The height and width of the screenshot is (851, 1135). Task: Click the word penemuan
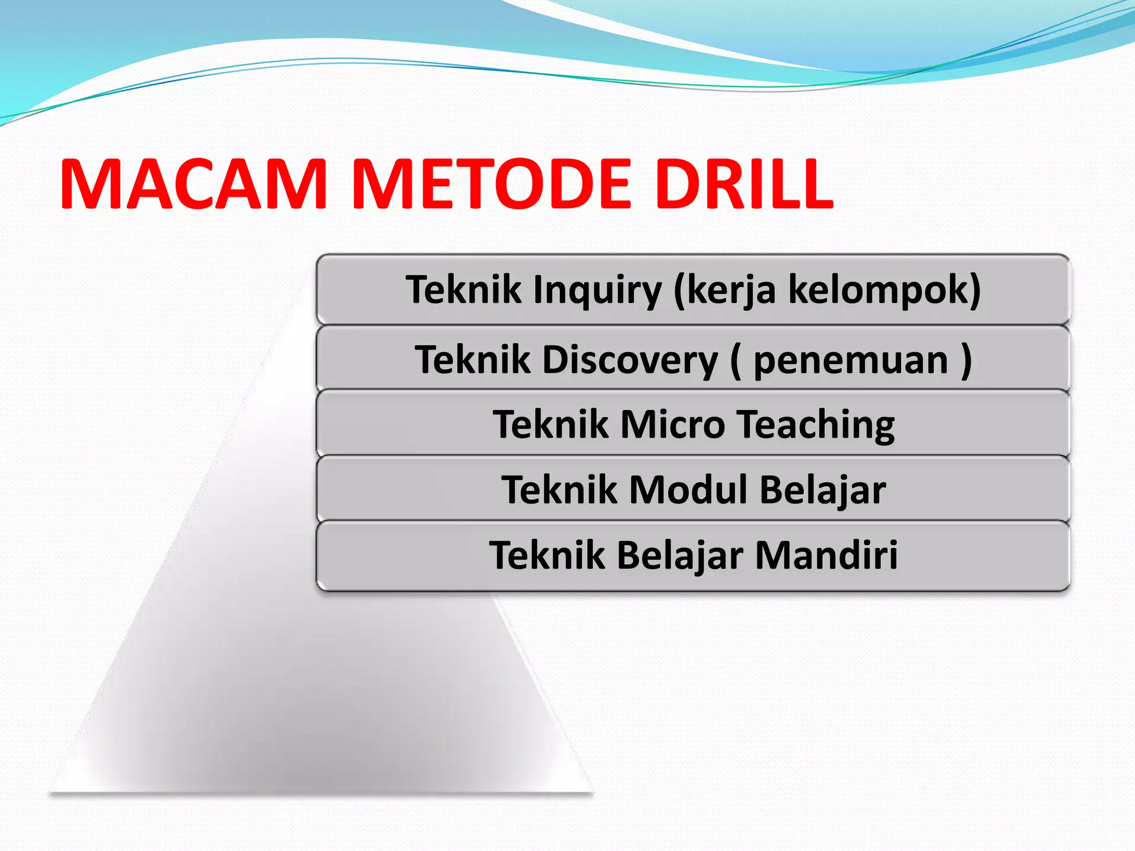[x=851, y=360]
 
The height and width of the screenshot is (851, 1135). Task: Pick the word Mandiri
[x=826, y=555]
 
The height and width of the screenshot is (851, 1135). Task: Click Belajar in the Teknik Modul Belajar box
[x=822, y=490]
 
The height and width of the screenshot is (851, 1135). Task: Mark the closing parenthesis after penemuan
[x=966, y=360]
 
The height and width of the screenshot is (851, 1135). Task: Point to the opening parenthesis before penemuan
[x=736, y=360]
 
